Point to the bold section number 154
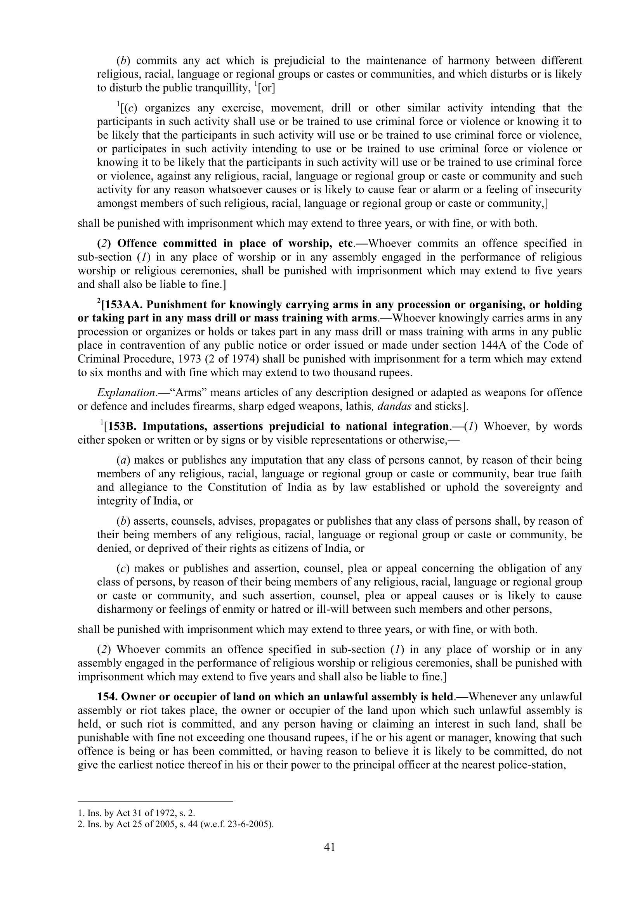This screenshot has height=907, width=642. [x=107, y=697]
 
